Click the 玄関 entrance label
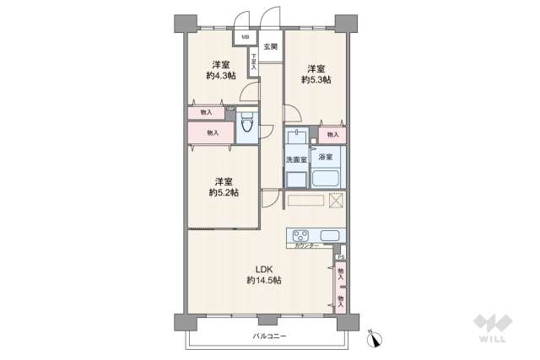point(270,46)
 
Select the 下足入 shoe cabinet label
point(253,61)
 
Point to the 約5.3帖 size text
point(316,80)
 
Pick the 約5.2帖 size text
point(223,193)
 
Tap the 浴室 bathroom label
point(326,158)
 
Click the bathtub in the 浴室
point(326,178)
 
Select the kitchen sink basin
point(329,235)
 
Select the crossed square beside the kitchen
point(336,201)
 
